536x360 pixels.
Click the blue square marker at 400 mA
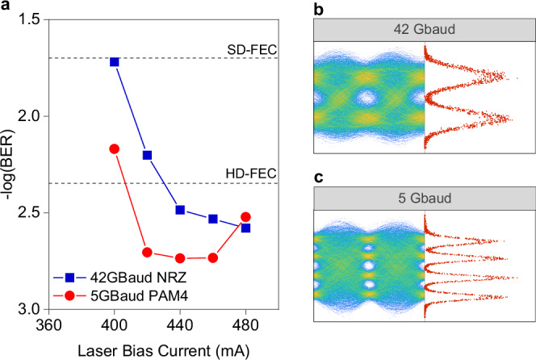pos(115,62)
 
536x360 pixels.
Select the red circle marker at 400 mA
pos(115,149)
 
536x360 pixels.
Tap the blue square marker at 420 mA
pos(148,155)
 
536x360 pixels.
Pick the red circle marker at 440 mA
pos(180,258)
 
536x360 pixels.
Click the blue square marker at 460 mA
pos(213,219)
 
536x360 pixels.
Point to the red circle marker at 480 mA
pos(245,217)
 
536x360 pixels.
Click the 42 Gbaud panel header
pos(423,30)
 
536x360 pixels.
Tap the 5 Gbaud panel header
pos(423,197)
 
